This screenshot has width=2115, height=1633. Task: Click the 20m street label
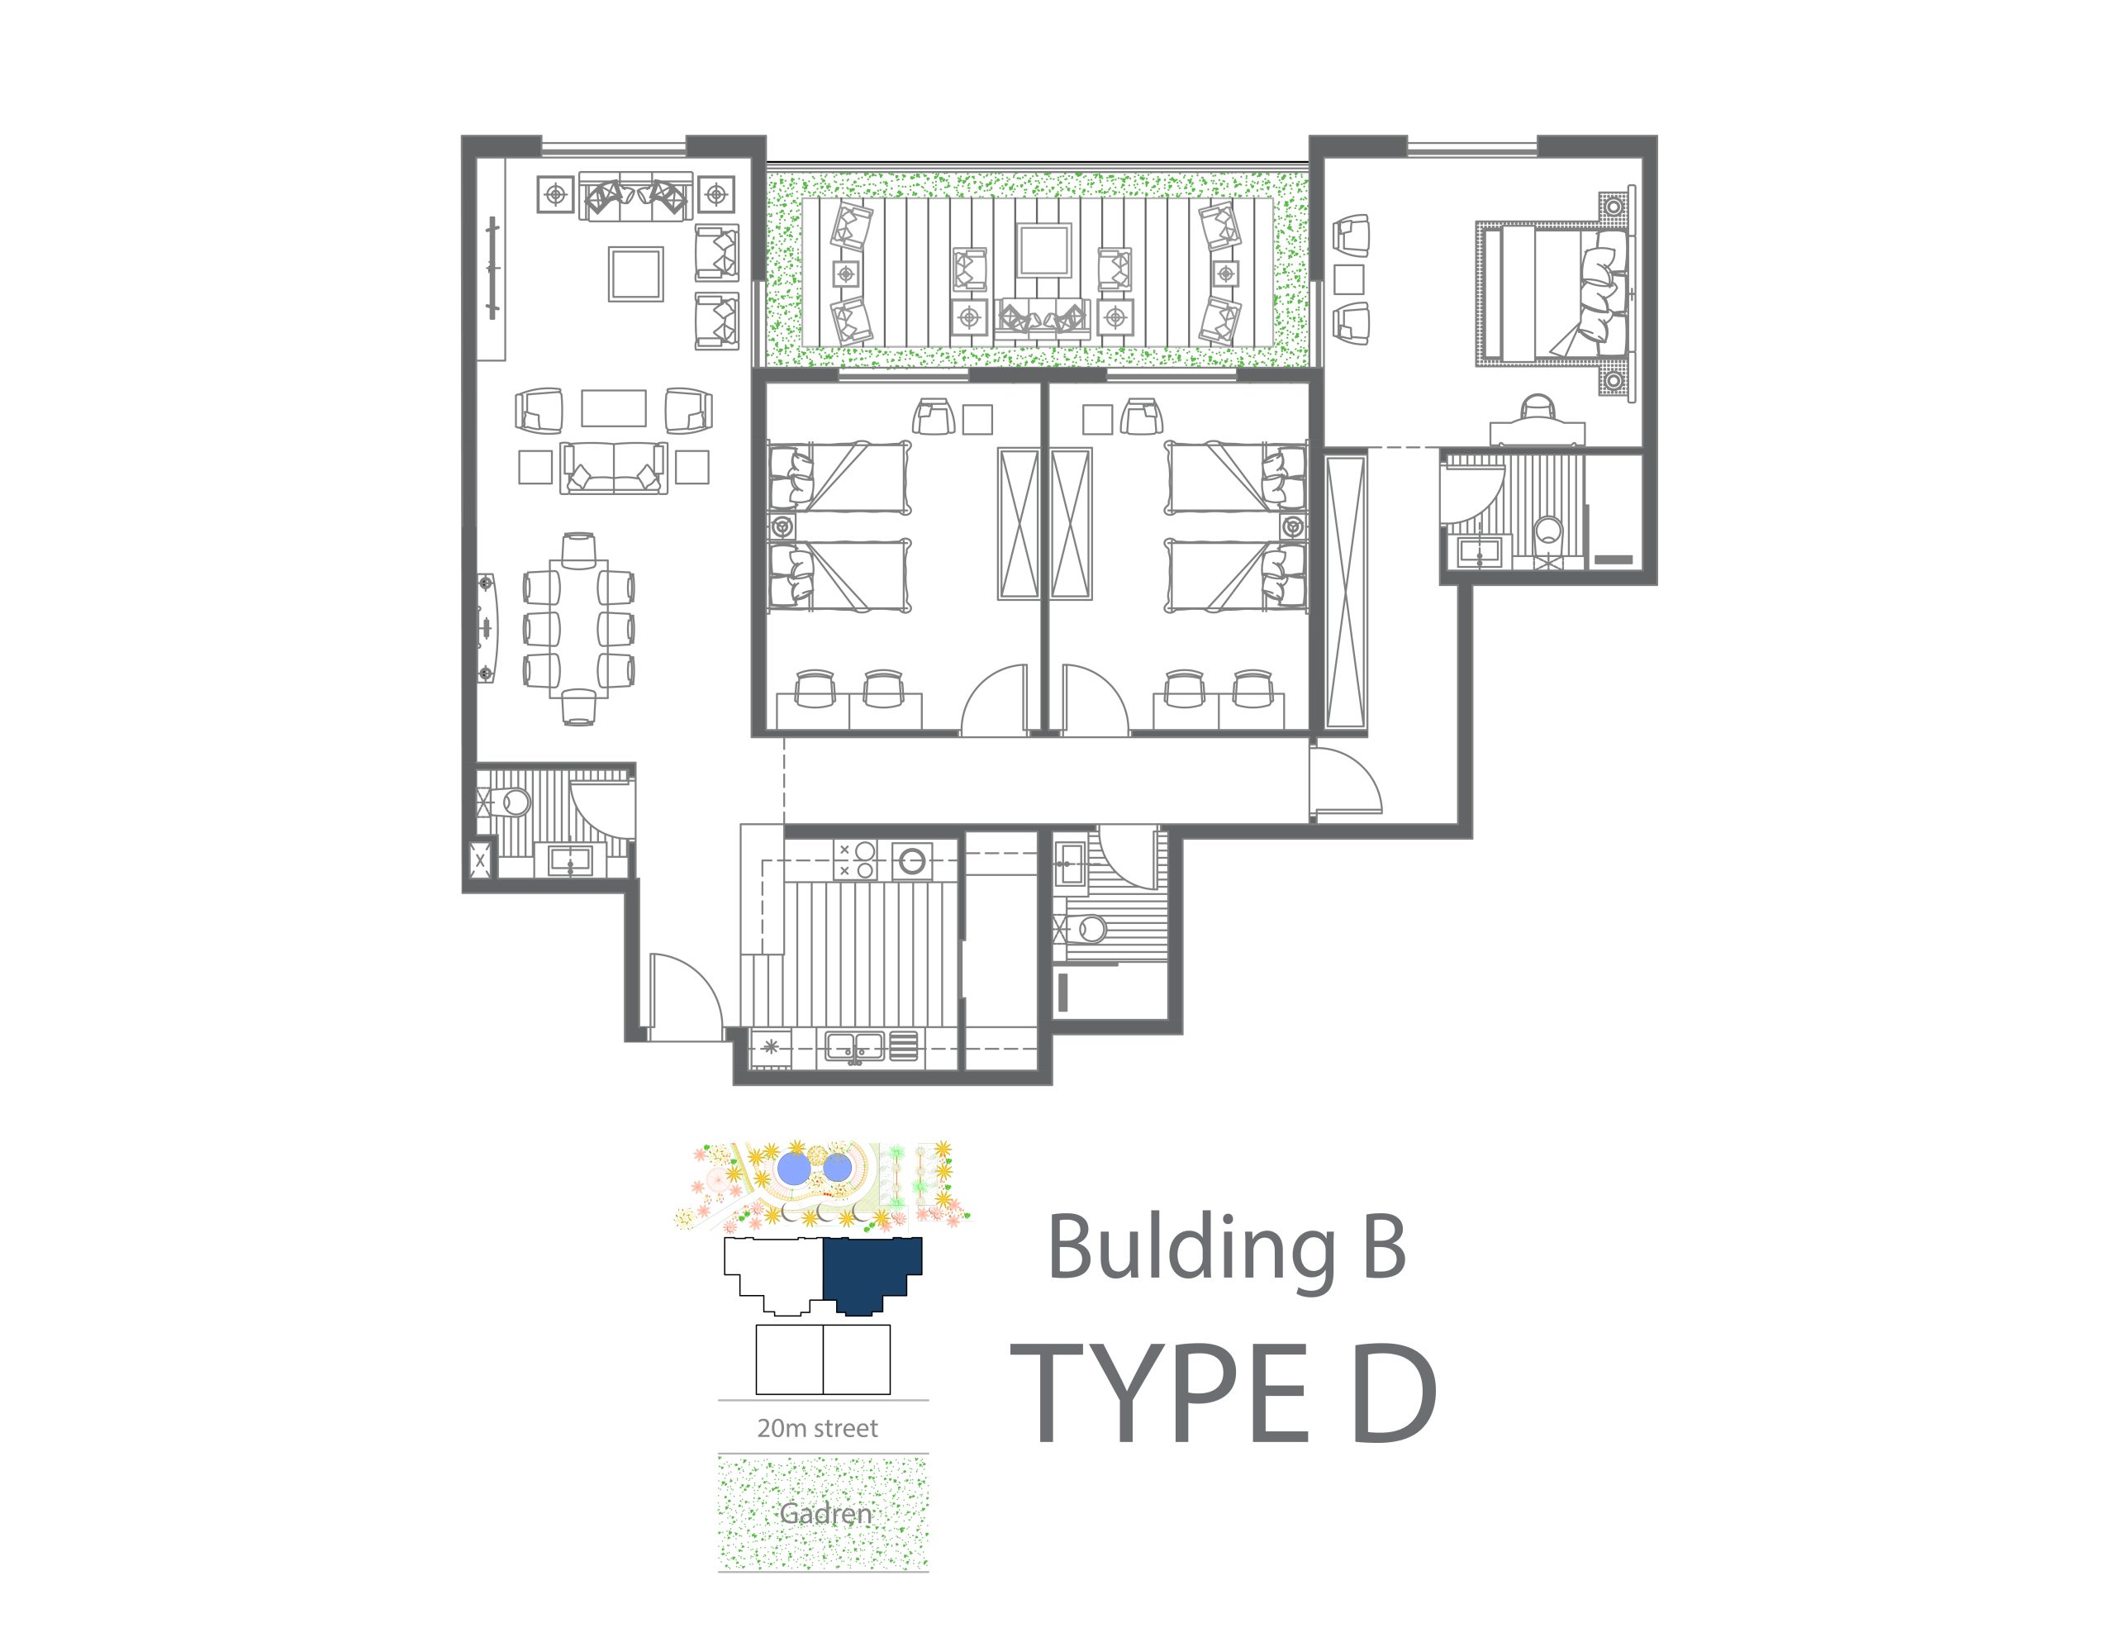coord(817,1428)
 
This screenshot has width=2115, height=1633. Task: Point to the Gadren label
coord(825,1513)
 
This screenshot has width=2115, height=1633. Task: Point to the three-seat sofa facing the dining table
coord(614,468)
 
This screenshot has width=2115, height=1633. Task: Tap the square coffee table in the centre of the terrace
coord(1043,251)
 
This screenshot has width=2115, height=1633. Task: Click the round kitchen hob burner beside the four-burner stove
coord(911,859)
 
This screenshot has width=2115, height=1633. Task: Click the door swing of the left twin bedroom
coord(995,698)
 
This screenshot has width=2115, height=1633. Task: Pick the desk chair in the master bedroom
coord(1537,406)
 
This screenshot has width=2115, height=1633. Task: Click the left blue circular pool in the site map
coord(793,1168)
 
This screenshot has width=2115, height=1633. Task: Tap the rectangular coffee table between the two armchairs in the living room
coord(614,407)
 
